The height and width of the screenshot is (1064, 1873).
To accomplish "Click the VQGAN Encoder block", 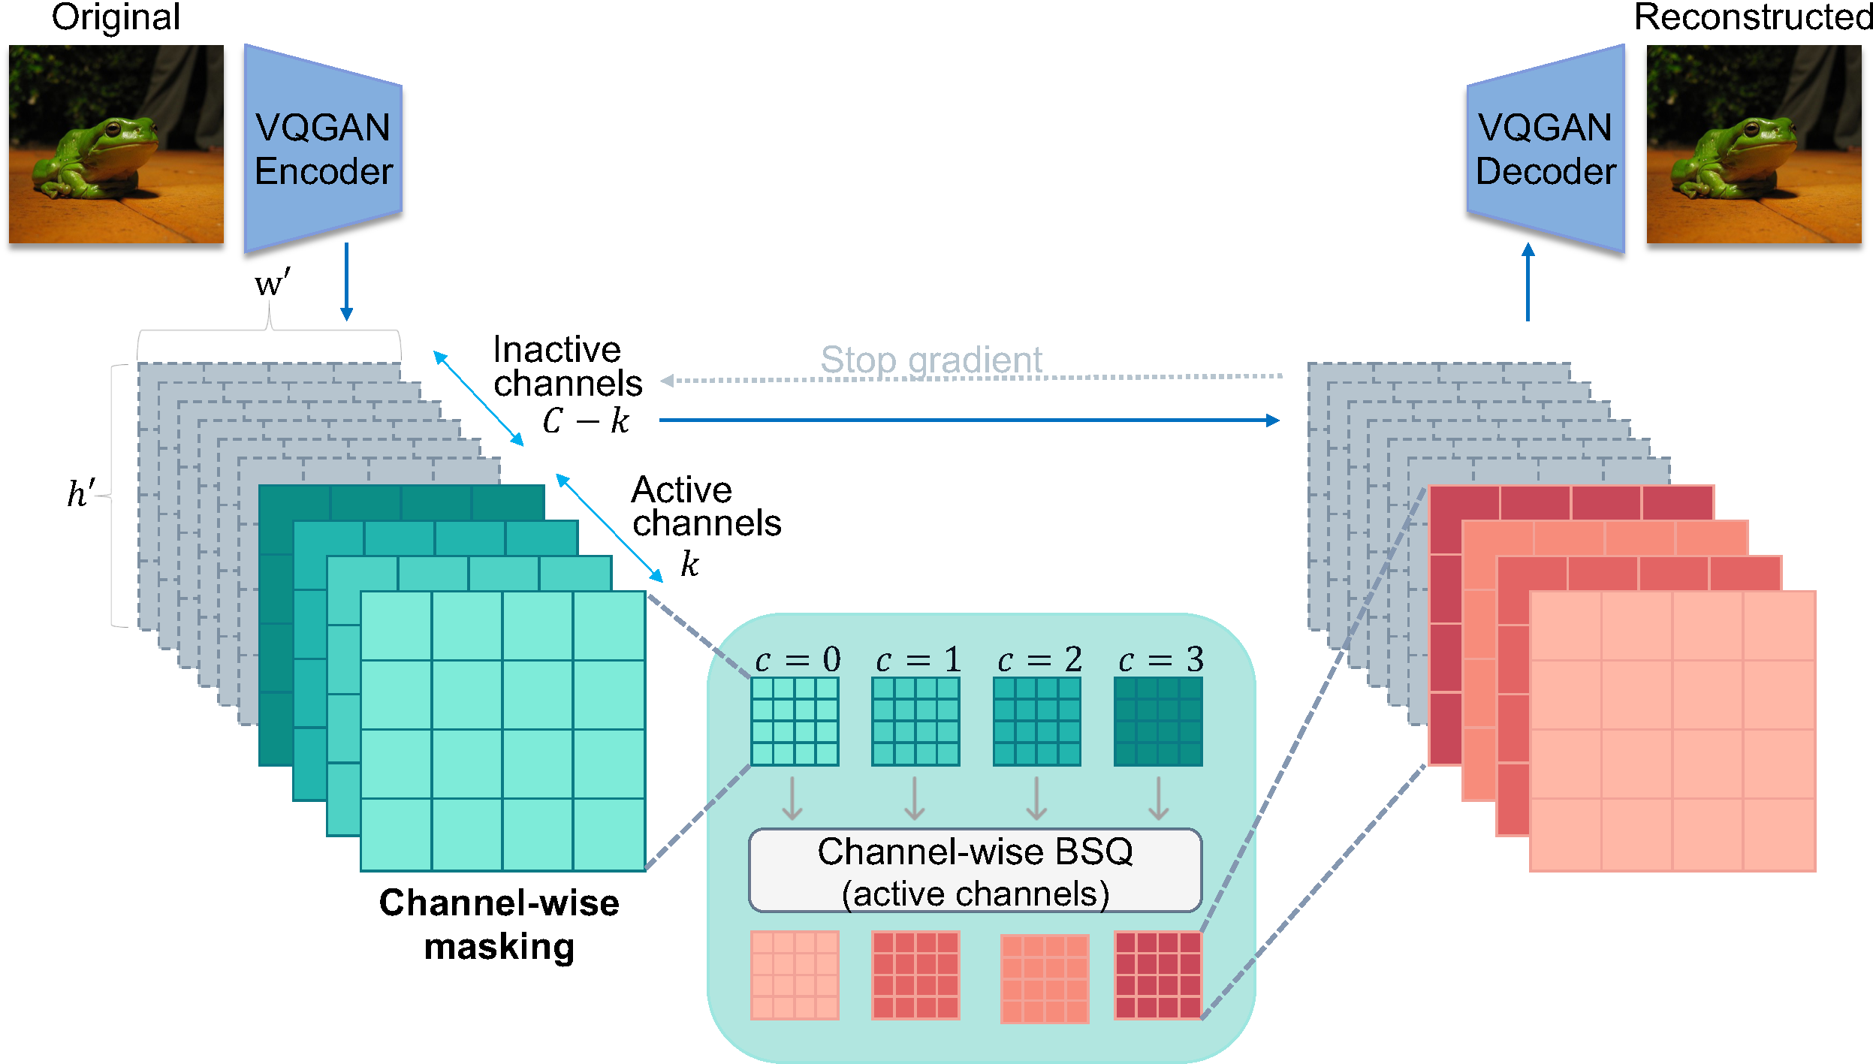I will click(x=323, y=149).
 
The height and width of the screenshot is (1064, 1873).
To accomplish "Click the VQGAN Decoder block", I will click(x=1546, y=149).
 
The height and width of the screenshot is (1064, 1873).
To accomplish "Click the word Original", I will click(x=116, y=17).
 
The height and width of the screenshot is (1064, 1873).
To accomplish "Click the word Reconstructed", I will click(x=1754, y=17).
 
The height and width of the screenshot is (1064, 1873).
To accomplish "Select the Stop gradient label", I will click(x=930, y=360).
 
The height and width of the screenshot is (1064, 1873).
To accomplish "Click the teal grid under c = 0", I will click(x=795, y=721).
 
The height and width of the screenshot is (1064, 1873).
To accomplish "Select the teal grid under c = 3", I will click(x=1158, y=721).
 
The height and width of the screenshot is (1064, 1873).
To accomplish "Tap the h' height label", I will click(x=80, y=493).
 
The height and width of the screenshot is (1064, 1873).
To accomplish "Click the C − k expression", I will click(x=586, y=420).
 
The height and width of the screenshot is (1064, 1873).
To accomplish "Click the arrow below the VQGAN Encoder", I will click(x=346, y=282).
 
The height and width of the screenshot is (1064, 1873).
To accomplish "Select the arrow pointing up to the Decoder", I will click(x=1528, y=282).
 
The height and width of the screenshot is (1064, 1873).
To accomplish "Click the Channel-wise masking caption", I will click(x=499, y=924).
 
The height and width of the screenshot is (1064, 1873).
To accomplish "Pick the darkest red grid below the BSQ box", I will click(x=1158, y=975).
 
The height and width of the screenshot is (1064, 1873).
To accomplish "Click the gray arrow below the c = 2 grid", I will click(x=1036, y=798).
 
